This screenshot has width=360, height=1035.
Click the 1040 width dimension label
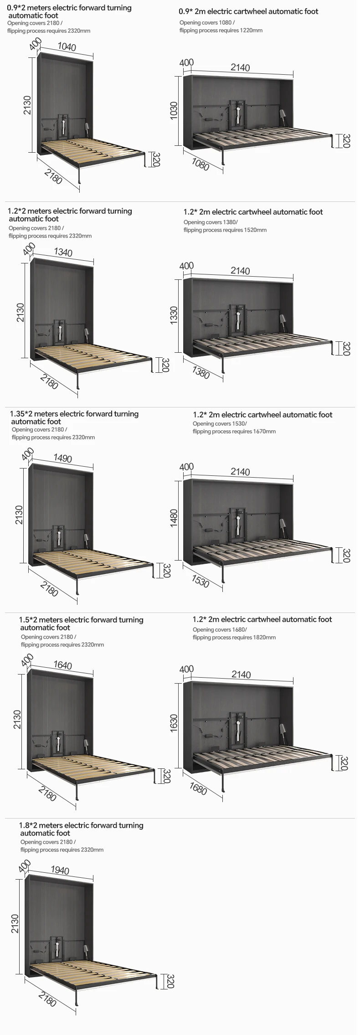67,47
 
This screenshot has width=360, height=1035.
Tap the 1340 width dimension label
63,252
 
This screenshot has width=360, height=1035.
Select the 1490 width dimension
62,458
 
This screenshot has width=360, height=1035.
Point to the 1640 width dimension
62,665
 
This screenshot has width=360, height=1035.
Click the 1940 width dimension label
60,870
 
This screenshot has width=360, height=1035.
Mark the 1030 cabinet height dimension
174,111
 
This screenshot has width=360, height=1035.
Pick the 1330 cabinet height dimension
174,315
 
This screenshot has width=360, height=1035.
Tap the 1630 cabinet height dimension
174,723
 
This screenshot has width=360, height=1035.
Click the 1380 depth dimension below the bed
201,372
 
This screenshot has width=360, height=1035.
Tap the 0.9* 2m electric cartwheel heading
248,11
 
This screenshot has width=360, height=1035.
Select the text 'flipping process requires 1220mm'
221,31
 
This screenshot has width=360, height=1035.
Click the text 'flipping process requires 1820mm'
234,637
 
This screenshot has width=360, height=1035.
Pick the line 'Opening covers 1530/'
220,423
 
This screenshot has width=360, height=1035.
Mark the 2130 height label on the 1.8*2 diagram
15,923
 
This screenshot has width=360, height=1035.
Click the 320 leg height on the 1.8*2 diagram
170,982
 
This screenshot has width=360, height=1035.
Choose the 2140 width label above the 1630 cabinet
241,674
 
